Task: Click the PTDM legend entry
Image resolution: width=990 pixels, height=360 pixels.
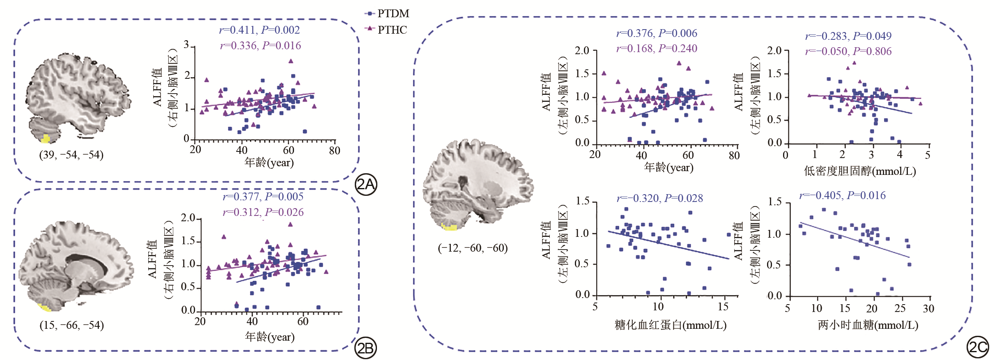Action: coord(387,14)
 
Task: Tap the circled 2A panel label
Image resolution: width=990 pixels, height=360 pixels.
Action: coord(365,185)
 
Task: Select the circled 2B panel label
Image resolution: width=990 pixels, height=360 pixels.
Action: coord(365,348)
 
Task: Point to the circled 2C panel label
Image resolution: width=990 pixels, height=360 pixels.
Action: coord(977,347)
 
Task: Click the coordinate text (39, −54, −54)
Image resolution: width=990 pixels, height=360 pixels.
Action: coord(71,155)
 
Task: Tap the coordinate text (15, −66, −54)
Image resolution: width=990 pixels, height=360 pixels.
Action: coord(71,325)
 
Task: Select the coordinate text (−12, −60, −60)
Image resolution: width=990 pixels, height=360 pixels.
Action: coord(473,248)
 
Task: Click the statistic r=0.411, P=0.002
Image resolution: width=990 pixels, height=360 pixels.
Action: coord(260,30)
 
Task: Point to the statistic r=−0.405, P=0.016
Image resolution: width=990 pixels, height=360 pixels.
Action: coord(842,195)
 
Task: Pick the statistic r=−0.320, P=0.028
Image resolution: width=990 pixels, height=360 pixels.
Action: coord(660,198)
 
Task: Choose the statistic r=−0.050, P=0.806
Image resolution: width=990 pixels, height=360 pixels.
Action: coord(848,51)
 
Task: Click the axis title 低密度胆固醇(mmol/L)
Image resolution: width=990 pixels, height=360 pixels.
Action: coord(860,171)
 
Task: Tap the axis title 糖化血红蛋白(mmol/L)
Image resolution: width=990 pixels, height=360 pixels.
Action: coord(671,325)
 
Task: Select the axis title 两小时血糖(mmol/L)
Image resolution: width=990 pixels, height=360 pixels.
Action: coord(868,325)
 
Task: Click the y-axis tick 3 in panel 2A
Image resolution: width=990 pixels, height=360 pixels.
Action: coord(186,44)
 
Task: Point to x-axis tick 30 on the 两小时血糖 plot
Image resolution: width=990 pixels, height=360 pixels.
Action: coord(928,308)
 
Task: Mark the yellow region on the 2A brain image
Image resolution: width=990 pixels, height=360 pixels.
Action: coord(45,138)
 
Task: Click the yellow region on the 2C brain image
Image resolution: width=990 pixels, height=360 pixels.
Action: coord(450,226)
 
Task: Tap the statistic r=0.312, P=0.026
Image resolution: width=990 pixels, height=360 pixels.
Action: coord(263,212)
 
